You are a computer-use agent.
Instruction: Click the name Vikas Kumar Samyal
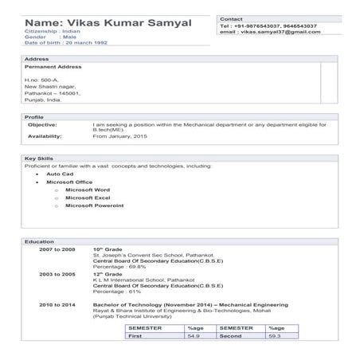point(108,23)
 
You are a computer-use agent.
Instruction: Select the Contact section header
point(231,18)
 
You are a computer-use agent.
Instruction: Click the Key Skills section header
point(38,158)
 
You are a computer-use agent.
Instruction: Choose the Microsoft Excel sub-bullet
point(87,198)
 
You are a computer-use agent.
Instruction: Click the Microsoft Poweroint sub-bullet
point(94,205)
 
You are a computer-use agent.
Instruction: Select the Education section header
point(39,241)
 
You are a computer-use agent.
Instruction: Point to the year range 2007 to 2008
point(57,249)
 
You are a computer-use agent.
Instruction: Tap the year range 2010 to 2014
point(57,305)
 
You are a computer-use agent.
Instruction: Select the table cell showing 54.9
point(193,337)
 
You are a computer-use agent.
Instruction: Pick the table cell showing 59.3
point(275,337)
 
